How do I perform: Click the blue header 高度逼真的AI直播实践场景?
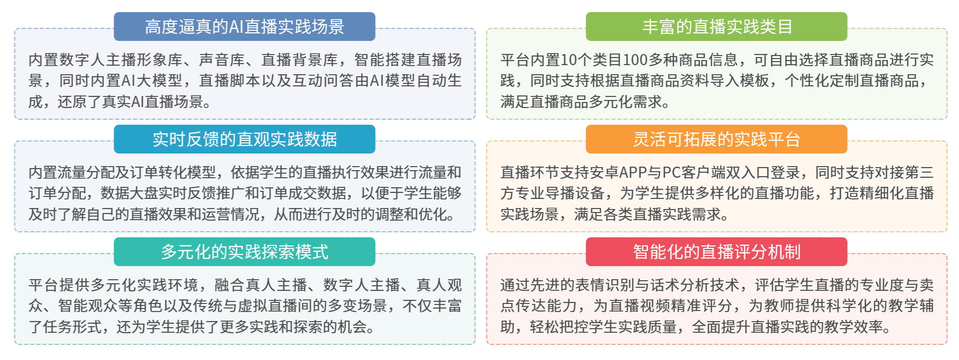tap(244, 26)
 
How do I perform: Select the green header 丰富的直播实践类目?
tap(716, 26)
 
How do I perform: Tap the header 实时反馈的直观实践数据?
tap(244, 139)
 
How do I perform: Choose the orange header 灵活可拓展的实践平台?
tap(716, 139)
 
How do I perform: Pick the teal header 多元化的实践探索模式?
tap(244, 251)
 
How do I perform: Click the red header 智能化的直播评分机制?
tap(716, 251)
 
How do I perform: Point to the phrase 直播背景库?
tap(299, 60)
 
